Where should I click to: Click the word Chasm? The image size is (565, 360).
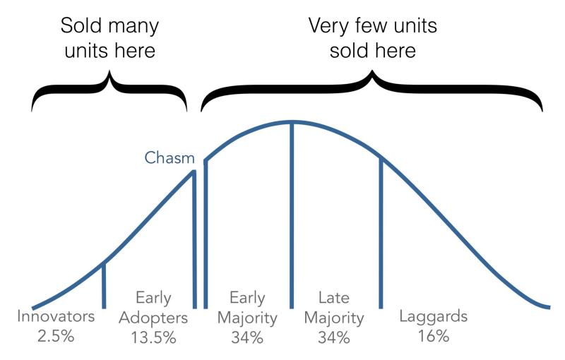click(169, 157)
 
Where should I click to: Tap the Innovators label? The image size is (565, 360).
click(56, 316)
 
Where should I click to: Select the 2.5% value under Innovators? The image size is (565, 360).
click(56, 336)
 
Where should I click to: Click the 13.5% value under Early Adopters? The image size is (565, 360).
click(153, 337)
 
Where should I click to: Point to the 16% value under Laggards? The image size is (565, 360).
click(434, 336)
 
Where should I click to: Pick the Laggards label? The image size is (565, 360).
click(434, 317)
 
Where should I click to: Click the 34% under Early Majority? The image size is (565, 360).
click(247, 337)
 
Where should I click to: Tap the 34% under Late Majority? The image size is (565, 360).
click(334, 337)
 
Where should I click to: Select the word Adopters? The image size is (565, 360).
click(153, 318)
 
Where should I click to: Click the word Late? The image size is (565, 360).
click(334, 298)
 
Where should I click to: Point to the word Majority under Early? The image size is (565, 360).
click(247, 318)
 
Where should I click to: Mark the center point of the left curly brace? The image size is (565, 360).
click(109, 86)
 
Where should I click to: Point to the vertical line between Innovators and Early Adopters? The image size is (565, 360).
click(104, 285)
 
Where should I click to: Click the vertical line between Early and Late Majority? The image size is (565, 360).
click(292, 215)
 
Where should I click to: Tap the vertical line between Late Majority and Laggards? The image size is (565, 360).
click(381, 233)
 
